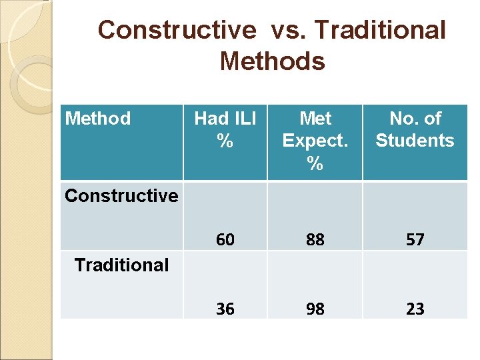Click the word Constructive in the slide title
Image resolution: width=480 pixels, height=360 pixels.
(177, 30)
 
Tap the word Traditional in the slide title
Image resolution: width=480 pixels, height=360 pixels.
(380, 30)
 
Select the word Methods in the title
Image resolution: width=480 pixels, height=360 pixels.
(272, 61)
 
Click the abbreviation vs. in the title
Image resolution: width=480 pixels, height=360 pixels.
(289, 30)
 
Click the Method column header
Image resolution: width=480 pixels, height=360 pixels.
(97, 119)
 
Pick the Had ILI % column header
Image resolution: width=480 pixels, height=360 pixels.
(225, 129)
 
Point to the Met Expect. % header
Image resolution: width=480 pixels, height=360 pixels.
(315, 140)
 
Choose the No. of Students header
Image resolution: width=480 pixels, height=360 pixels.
(415, 129)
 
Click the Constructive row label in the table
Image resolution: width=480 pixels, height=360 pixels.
(121, 195)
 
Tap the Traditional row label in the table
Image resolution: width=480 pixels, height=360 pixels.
(121, 265)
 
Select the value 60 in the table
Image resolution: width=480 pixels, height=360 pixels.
(225, 239)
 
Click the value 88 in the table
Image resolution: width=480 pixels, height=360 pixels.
(315, 239)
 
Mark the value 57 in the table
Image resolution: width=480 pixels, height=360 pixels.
(415, 239)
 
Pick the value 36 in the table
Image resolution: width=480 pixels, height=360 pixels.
(225, 309)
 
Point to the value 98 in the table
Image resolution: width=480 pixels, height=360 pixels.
(315, 309)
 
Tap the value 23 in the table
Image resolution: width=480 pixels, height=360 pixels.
(415, 309)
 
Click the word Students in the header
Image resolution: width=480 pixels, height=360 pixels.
(415, 141)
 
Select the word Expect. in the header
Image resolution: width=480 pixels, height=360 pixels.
(315, 141)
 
